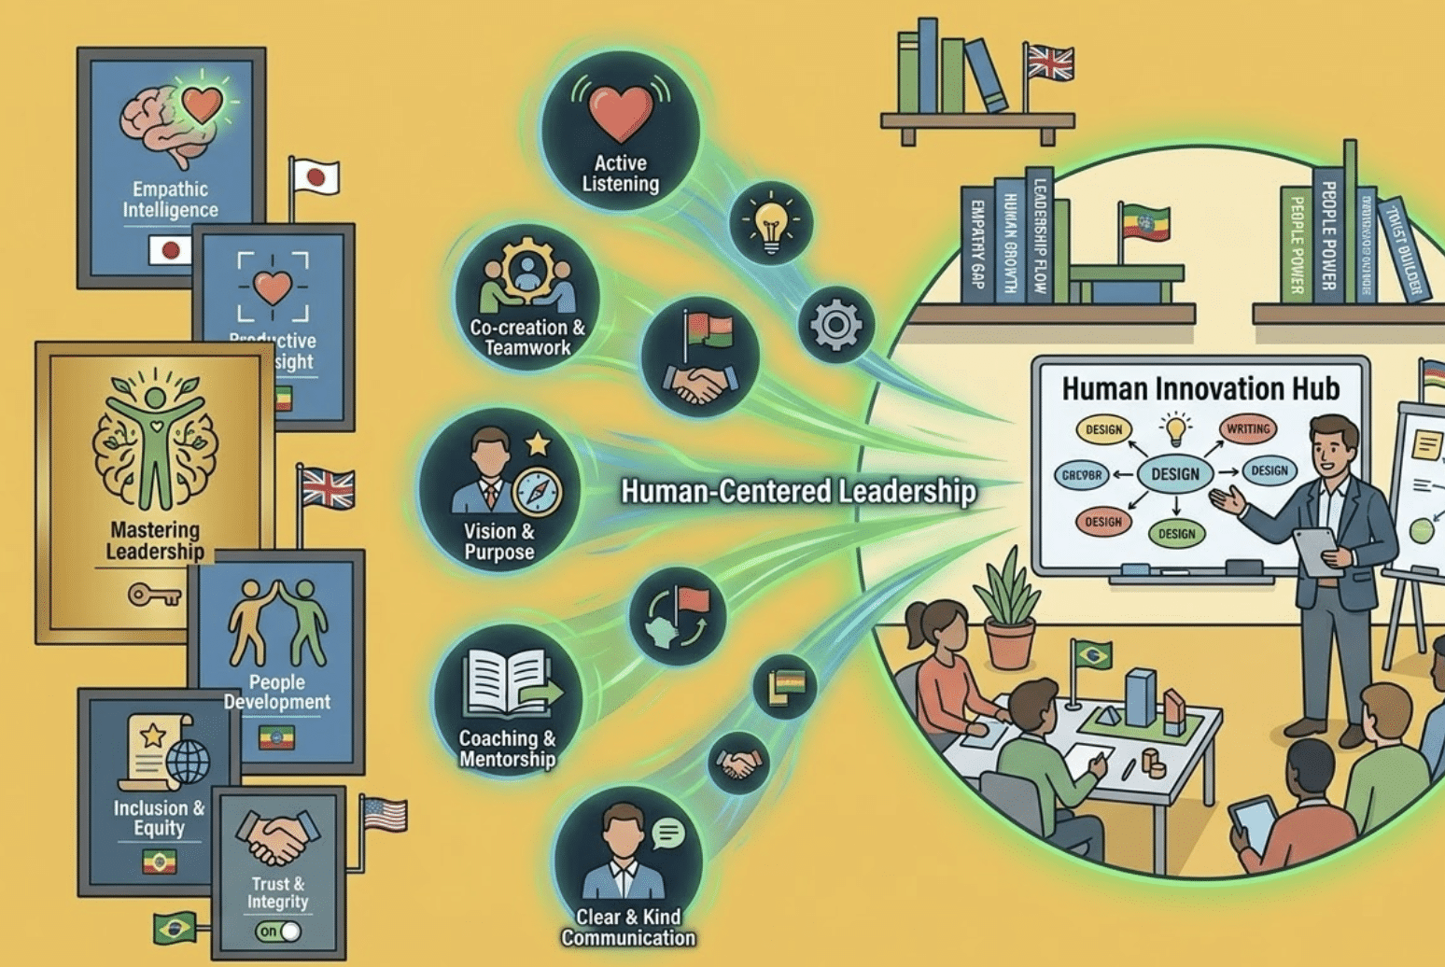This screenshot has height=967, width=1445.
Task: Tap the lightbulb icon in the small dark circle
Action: pos(771,225)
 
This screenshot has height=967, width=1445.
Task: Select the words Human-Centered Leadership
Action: pos(798,492)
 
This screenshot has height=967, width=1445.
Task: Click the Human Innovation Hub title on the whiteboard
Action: pos(1200,388)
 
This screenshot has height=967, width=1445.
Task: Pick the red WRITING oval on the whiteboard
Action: pos(1248,429)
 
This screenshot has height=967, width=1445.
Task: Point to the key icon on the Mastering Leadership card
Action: pos(154,595)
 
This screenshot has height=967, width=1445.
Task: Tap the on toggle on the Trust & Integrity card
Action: pos(278,931)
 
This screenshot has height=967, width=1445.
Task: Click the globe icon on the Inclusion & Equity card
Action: pos(188,762)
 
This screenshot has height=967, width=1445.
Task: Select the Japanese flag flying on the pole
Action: pos(315,177)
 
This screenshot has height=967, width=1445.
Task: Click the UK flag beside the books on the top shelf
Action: pos(1050,63)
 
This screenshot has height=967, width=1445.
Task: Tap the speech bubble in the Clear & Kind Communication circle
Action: pos(667,833)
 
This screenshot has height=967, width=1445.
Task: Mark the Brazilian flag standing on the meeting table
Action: pos(1091,653)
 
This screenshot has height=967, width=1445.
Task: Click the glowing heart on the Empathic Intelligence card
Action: pos(203,105)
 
